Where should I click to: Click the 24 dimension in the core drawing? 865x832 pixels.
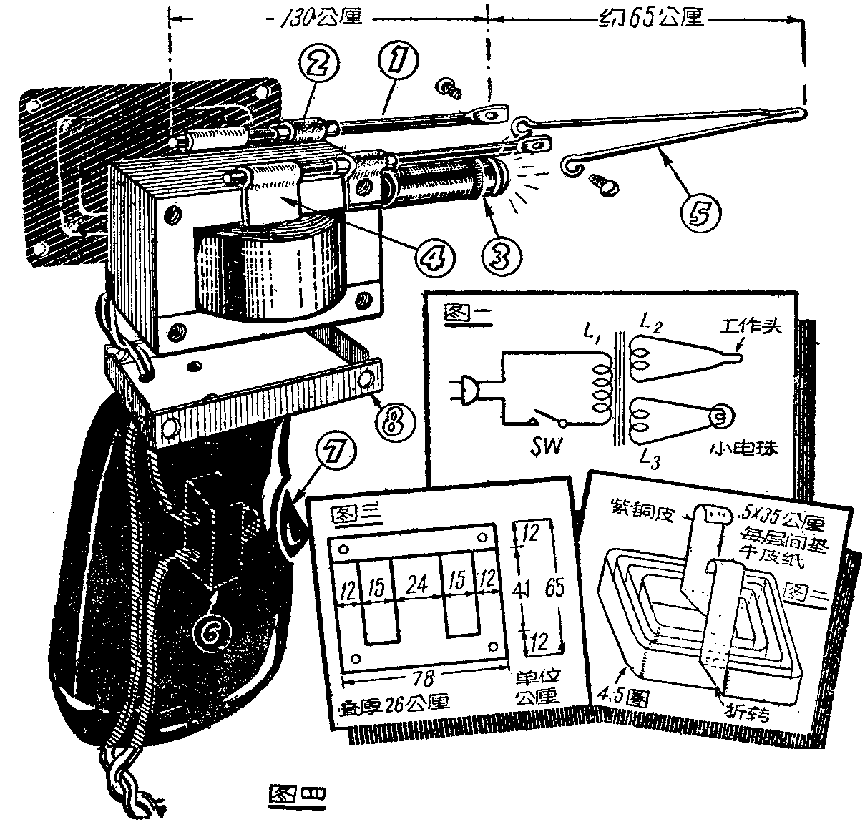click(417, 586)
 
